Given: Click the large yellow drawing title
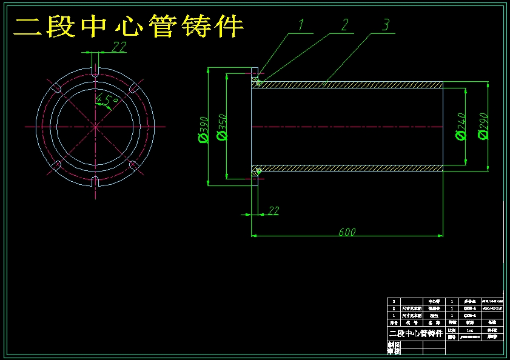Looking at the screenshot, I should pyautogui.click(x=129, y=27).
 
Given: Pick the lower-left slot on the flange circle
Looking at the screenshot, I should pyautogui.click(x=56, y=165).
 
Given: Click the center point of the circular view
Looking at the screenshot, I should pyautogui.click(x=95, y=126).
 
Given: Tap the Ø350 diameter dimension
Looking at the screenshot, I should pyautogui.click(x=222, y=127).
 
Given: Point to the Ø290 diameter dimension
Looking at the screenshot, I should pyautogui.click(x=483, y=126).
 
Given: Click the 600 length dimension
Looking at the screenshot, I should pyautogui.click(x=347, y=232).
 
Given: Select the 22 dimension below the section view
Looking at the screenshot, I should pyautogui.click(x=273, y=210).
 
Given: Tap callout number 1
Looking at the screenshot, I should pyautogui.click(x=303, y=24).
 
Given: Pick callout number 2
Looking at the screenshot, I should pyautogui.click(x=344, y=24).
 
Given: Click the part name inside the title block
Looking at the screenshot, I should pyautogui.click(x=416, y=334).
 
